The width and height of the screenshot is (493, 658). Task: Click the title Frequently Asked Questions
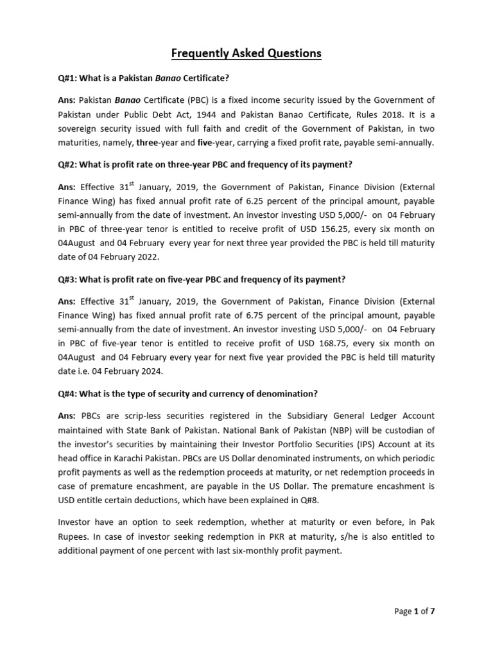246,53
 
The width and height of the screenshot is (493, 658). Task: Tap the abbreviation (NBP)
331,430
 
